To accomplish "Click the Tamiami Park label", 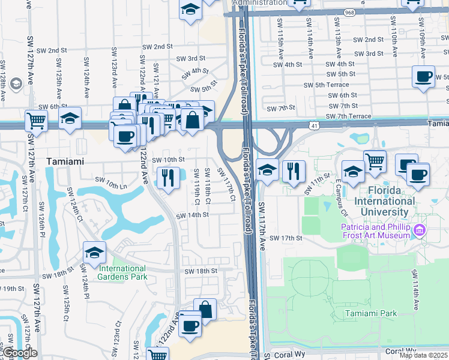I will (371, 313).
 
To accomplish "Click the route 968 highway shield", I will (349, 12).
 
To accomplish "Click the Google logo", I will (20, 352).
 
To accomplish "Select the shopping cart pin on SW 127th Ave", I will (37, 120).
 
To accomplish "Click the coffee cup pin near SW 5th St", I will (424, 77).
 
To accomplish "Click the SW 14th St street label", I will (192, 215).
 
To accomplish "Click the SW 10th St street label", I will (167, 160).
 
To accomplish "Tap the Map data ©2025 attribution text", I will (423, 355).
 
